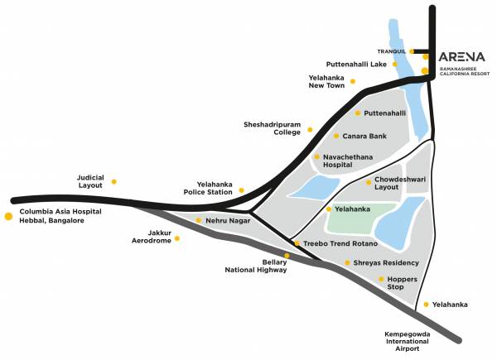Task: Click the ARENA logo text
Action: pyautogui.click(x=462, y=47)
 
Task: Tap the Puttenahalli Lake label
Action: pyautogui.click(x=355, y=63)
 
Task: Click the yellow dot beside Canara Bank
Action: pyautogui.click(x=335, y=136)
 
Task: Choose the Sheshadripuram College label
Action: pyautogui.click(x=273, y=128)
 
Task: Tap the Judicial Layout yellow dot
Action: pyautogui.click(x=114, y=181)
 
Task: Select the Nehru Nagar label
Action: pyautogui.click(x=228, y=221)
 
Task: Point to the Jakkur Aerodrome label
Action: pyautogui.click(x=152, y=238)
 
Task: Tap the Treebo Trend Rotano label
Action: pyautogui.click(x=340, y=243)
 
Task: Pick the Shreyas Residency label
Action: pyautogui.click(x=386, y=262)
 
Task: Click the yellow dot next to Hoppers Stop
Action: pyautogui.click(x=380, y=280)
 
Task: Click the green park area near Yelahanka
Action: pyautogui.click(x=356, y=219)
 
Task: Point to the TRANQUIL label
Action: pyautogui.click(x=391, y=50)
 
